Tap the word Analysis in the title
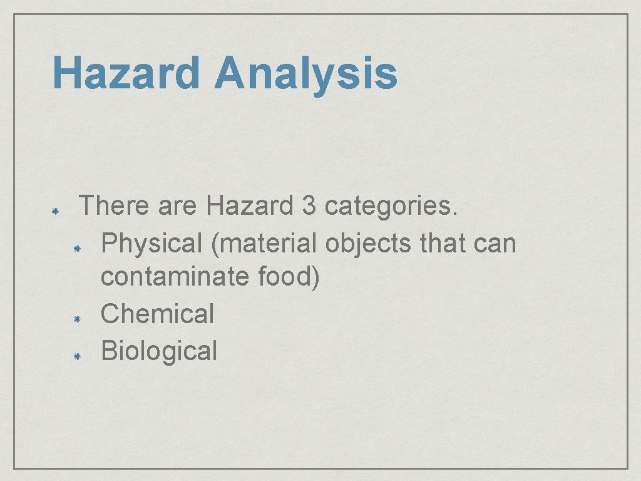(305, 73)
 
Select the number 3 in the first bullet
(309, 205)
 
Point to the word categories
(392, 205)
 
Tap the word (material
(265, 242)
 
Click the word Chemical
(157, 313)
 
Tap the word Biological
(159, 350)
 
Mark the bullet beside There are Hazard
(54, 212)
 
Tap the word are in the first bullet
(177, 205)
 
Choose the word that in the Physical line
(442, 242)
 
